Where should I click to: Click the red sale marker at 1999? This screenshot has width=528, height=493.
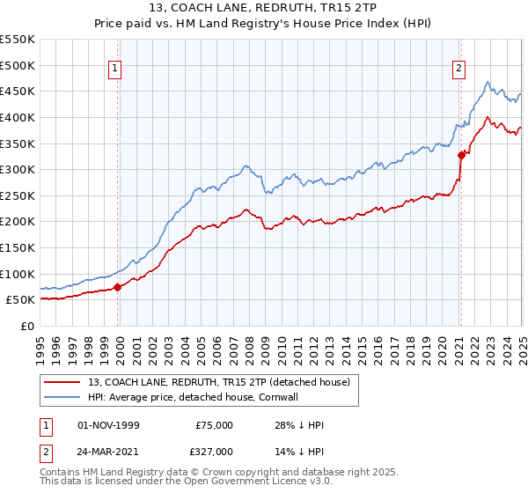(118, 286)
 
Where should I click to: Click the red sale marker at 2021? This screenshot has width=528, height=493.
(461, 155)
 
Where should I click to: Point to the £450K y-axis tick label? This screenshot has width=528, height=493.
(17, 91)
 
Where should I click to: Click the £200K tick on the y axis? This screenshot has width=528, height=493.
(17, 222)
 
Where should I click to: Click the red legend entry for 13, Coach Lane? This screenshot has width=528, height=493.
(219, 382)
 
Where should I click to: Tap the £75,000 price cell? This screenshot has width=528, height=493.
(214, 425)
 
